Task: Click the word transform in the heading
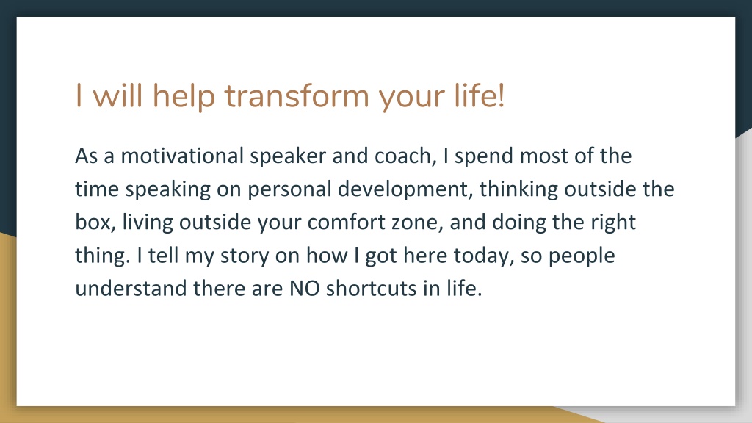click(297, 95)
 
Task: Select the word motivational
click(182, 156)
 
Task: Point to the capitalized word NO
click(305, 289)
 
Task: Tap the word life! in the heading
click(479, 95)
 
